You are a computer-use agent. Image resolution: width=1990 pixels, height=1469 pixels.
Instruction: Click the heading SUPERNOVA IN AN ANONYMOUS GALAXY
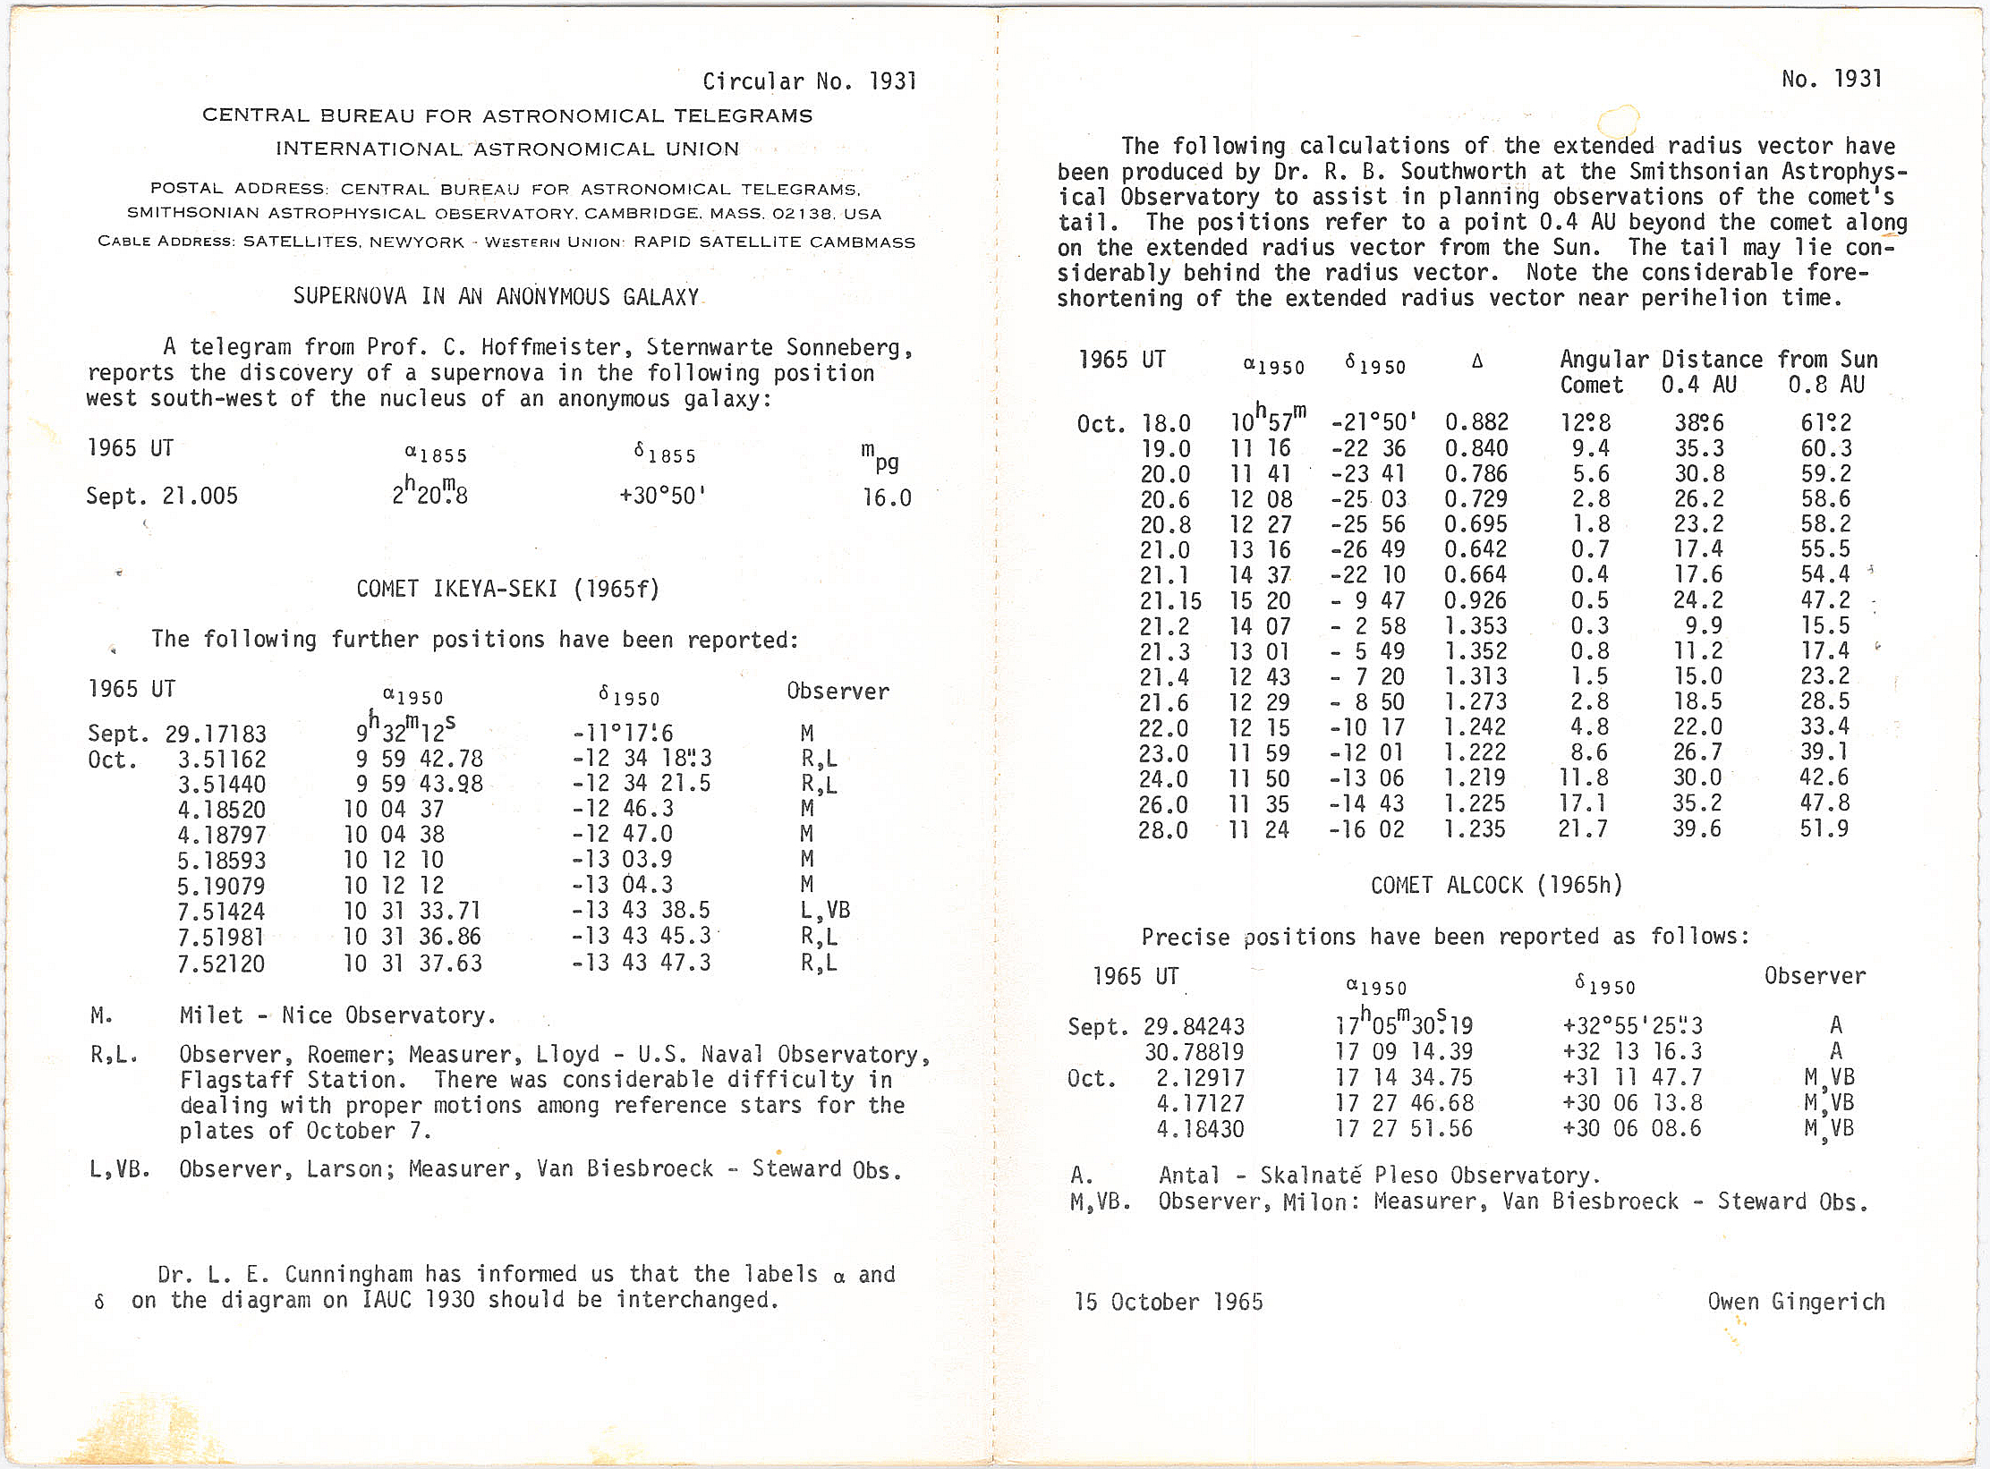(x=496, y=297)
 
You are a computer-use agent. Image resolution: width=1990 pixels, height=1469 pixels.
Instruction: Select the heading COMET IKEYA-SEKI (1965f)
(x=507, y=589)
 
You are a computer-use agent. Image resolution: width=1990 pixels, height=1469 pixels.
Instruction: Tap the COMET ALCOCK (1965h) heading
(x=1496, y=886)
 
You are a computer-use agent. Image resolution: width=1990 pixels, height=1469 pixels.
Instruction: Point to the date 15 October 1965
(x=1169, y=1302)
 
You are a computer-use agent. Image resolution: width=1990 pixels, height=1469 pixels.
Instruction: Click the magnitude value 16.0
(x=887, y=497)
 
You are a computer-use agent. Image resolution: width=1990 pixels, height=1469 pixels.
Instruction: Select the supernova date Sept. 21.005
(x=162, y=497)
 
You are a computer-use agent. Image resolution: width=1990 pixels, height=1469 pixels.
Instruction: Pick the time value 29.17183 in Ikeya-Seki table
(x=216, y=734)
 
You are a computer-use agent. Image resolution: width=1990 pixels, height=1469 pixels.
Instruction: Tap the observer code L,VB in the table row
(x=825, y=911)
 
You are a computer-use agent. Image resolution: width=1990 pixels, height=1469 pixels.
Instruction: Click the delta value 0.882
(x=1476, y=422)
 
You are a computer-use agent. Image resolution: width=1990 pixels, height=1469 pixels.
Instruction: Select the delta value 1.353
(x=1476, y=626)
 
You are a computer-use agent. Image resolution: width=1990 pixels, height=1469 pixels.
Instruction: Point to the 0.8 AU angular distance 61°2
(x=1825, y=422)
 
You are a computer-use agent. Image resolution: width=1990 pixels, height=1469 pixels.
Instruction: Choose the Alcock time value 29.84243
(x=1194, y=1026)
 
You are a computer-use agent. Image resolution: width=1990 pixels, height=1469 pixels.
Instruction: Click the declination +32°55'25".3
(x=1632, y=1026)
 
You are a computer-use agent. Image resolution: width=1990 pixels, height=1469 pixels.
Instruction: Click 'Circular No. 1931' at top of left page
(x=809, y=82)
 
